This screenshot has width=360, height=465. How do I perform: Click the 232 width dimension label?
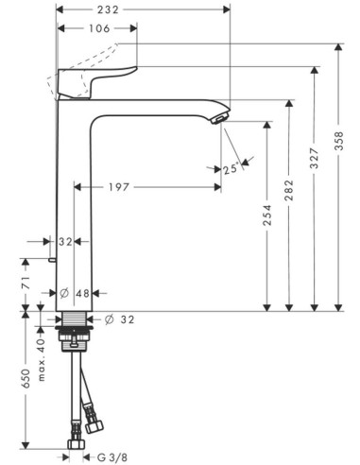108,9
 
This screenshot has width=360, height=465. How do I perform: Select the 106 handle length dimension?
99,28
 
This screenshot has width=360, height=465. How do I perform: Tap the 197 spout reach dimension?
119,187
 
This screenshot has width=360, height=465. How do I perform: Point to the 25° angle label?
231,169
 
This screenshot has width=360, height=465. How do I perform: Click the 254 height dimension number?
267,215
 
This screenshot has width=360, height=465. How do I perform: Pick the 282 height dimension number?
289,190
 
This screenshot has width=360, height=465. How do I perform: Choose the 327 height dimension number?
315,158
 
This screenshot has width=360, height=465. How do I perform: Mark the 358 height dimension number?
339,141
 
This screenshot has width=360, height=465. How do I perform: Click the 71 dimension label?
26,283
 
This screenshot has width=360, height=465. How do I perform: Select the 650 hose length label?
26,378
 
